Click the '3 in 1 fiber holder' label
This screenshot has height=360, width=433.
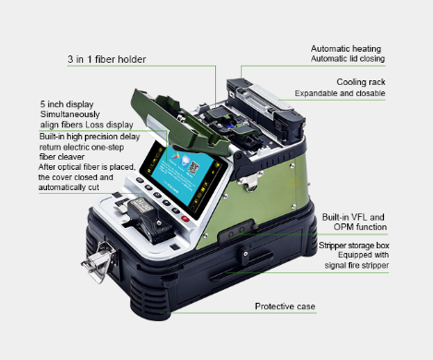(x=107, y=59)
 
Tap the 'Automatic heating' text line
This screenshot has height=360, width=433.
(x=346, y=49)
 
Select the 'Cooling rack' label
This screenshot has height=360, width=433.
(x=361, y=82)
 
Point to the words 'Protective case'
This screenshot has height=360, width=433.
(x=285, y=306)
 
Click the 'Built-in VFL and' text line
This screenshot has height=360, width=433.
(x=354, y=217)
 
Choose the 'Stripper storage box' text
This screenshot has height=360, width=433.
(x=354, y=246)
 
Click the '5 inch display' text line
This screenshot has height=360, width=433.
(x=66, y=104)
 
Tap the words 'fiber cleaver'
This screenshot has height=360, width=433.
(x=62, y=157)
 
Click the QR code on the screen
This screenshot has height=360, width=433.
(x=193, y=168)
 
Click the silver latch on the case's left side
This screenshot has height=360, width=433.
(x=99, y=261)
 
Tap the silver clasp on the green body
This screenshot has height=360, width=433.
(x=249, y=182)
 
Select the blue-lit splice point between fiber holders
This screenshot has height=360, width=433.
(x=230, y=126)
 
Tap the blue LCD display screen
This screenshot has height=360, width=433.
(x=184, y=176)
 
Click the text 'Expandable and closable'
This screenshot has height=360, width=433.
(x=340, y=93)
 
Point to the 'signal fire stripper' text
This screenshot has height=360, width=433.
(x=356, y=265)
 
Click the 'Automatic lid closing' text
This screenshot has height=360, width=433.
(x=348, y=58)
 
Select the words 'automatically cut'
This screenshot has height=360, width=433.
(x=68, y=187)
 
